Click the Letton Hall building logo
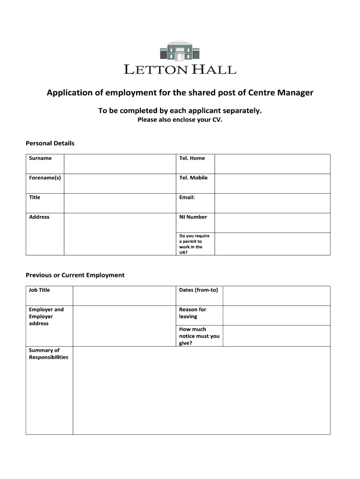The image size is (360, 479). point(180,51)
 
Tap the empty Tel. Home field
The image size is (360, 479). point(272,164)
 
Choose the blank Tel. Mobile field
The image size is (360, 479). point(272,183)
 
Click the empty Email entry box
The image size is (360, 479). point(272,203)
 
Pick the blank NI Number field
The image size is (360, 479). point(272,223)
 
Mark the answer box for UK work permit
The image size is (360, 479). point(272,244)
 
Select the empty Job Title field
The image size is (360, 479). point(124,296)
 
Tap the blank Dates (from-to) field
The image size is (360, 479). point(276,296)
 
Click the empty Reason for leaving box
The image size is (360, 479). point(276,315)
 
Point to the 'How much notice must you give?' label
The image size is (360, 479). point(199,336)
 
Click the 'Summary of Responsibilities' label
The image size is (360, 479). point(49,354)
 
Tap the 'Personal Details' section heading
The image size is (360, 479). point(50,143)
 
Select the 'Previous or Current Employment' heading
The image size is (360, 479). point(75,275)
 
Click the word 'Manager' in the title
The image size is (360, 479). point(293,93)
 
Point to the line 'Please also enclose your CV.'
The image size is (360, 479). point(180,120)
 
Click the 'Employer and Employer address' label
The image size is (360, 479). point(46,316)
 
